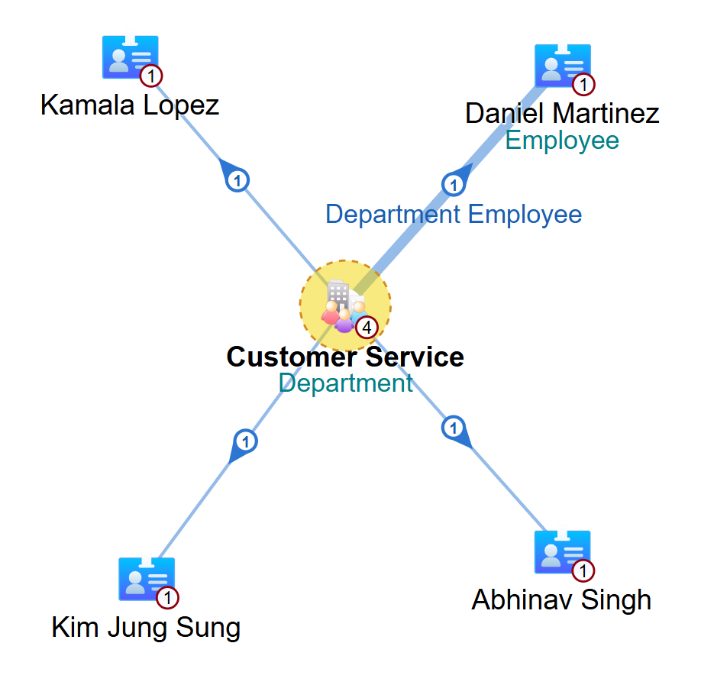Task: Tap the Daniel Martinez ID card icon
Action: pyautogui.click(x=562, y=65)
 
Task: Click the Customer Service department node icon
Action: pyautogui.click(x=344, y=305)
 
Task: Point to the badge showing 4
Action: pyautogui.click(x=367, y=328)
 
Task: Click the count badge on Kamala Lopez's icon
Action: pyautogui.click(x=152, y=76)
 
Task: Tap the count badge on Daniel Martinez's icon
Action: pyautogui.click(x=583, y=84)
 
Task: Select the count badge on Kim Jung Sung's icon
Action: pyautogui.click(x=168, y=597)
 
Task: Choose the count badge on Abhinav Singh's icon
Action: pyautogui.click(x=583, y=570)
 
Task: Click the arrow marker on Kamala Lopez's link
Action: pyautogui.click(x=237, y=180)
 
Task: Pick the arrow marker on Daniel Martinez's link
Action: pyautogui.click(x=454, y=184)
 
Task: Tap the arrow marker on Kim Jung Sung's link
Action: pyautogui.click(x=245, y=442)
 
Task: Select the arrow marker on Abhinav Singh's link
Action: pyautogui.click(x=454, y=428)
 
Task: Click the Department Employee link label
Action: pyautogui.click(x=454, y=215)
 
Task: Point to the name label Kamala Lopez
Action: pyautogui.click(x=130, y=105)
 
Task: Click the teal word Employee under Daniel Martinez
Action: pyautogui.click(x=562, y=141)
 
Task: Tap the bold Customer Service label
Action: pyautogui.click(x=345, y=357)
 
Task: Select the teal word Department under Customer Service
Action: pyautogui.click(x=345, y=383)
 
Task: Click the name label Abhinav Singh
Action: pyautogui.click(x=561, y=600)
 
